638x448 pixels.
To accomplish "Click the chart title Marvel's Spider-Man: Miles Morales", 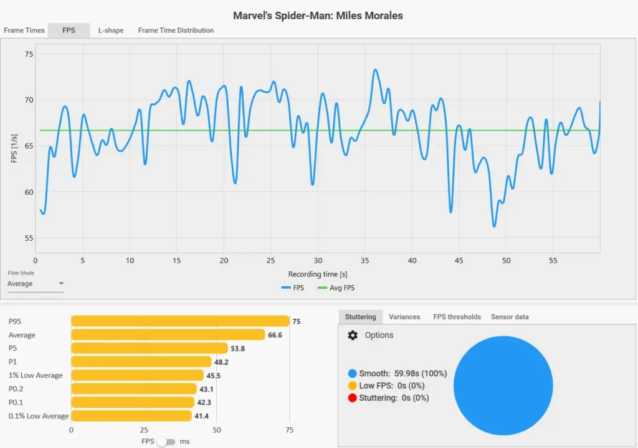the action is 318,16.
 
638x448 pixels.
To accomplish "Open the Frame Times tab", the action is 24,30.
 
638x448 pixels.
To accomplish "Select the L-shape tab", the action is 111,30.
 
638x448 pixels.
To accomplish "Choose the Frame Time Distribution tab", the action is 176,30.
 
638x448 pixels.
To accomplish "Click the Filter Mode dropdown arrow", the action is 61,283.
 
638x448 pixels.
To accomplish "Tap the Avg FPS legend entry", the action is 336,288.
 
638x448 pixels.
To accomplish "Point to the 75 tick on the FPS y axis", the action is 29,54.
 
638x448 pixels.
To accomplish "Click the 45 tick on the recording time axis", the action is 459,261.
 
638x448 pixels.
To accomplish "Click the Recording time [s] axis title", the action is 318,274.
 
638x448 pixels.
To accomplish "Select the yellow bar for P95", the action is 180,321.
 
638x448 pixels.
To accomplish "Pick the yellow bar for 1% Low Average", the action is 137,375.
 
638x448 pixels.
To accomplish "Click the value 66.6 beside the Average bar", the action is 275,335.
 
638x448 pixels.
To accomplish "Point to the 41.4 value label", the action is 202,416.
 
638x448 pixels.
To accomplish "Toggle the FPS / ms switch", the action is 166,442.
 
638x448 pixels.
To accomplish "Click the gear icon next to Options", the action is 353,335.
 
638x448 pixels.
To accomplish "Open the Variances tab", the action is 404,317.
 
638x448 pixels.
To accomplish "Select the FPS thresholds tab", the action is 457,317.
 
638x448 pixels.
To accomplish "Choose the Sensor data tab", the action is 510,317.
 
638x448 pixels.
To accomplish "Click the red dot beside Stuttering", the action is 353,398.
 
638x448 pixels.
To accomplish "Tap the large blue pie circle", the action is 503,385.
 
